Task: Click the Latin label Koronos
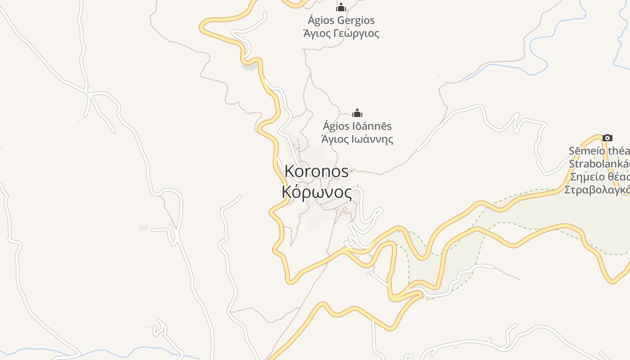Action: point(316,171)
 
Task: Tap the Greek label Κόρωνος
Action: point(316,192)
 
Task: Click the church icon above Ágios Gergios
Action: point(341,7)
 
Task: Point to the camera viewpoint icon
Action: point(607,138)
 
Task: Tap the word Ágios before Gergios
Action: point(320,20)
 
